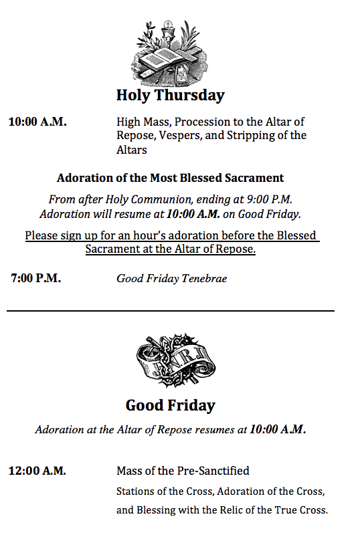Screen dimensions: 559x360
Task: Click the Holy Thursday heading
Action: tap(170, 95)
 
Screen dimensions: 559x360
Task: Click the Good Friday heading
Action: tap(170, 405)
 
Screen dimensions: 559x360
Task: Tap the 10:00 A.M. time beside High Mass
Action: tap(37, 122)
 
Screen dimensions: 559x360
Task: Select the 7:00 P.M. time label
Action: tap(35, 278)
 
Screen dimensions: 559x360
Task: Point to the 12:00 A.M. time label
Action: tap(37, 471)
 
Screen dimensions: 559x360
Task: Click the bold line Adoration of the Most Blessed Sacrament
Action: tap(170, 178)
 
